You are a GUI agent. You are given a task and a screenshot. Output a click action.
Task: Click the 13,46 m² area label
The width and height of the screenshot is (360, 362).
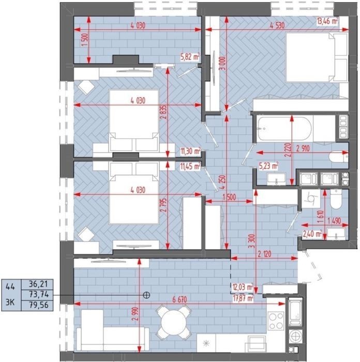click(327, 21)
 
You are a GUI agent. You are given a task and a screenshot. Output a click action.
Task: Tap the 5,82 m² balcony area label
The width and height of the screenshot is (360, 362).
click(190, 57)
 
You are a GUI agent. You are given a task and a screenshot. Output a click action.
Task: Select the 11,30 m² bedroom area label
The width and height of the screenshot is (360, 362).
click(190, 151)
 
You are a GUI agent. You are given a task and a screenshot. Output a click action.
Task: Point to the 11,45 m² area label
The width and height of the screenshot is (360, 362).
click(190, 166)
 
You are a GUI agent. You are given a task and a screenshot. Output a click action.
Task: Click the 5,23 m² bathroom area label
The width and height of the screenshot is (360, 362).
click(268, 166)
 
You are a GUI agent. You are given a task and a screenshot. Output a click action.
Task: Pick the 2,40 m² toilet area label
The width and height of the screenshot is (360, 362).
click(312, 234)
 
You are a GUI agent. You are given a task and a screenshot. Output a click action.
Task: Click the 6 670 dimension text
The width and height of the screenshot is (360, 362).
click(179, 299)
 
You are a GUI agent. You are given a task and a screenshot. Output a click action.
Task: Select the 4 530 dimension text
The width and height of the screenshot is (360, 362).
click(277, 25)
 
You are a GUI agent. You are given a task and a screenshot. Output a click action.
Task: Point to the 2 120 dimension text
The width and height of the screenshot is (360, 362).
click(264, 254)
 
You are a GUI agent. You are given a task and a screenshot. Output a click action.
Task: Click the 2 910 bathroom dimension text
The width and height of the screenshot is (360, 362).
click(303, 149)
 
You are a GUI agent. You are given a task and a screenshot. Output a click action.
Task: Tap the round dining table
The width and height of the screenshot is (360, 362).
click(174, 322)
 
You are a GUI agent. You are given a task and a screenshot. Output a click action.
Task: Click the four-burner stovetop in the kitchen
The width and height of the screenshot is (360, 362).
click(276, 320)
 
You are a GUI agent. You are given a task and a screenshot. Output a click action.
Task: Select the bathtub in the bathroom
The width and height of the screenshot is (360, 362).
click(284, 129)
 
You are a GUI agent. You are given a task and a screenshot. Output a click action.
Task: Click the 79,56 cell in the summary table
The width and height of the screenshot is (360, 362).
click(38, 305)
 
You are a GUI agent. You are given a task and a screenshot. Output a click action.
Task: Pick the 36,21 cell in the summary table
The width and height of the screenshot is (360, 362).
click(38, 284)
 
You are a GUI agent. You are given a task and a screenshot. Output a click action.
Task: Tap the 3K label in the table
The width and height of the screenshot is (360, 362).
click(10, 302)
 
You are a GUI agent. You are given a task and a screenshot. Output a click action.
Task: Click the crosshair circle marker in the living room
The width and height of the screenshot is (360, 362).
click(146, 295)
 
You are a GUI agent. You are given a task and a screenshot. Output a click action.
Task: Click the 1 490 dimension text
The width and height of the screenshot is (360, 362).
click(334, 221)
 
